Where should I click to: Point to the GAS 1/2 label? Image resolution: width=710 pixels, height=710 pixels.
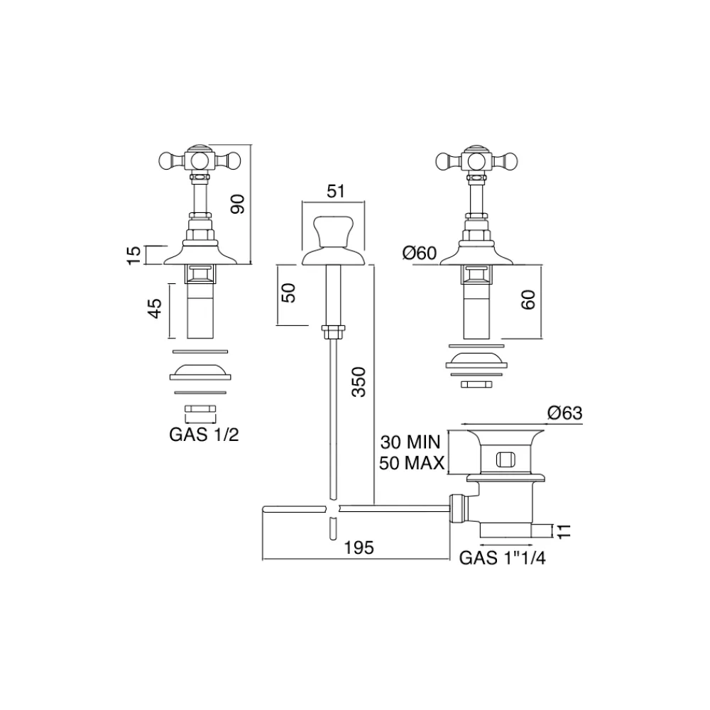point(204,435)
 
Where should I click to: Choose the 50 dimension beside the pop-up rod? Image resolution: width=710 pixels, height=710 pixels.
point(288,293)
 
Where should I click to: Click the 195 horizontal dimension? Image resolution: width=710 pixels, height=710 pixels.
point(359,548)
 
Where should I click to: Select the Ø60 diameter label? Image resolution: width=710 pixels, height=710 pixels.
point(418,252)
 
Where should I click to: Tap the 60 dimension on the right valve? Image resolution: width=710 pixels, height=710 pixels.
point(527,299)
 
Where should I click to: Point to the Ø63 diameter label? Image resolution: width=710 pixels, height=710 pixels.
point(564,413)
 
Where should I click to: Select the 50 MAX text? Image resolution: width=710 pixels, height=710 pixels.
point(411,464)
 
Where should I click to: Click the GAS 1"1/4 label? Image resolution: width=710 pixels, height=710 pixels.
point(503,558)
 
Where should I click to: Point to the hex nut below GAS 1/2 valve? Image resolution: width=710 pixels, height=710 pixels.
point(200,409)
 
